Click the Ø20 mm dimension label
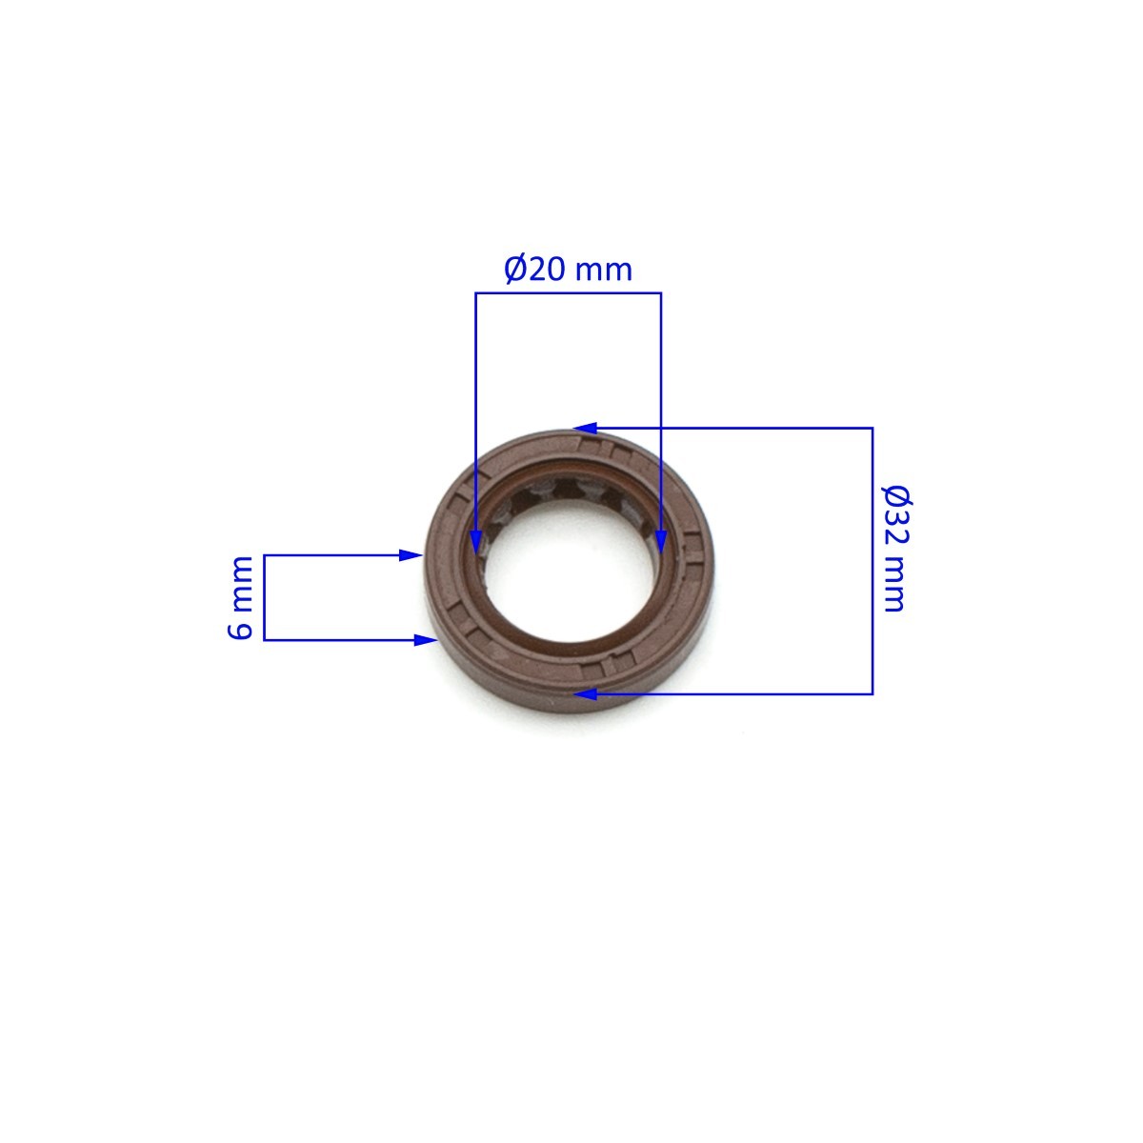pos(568,270)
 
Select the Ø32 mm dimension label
pos(896,548)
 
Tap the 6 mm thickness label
pos(241,597)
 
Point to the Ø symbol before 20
pos(515,270)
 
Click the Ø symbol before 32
pos(897,495)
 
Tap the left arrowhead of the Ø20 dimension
pos(475,543)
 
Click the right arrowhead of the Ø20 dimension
pos(661,543)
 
